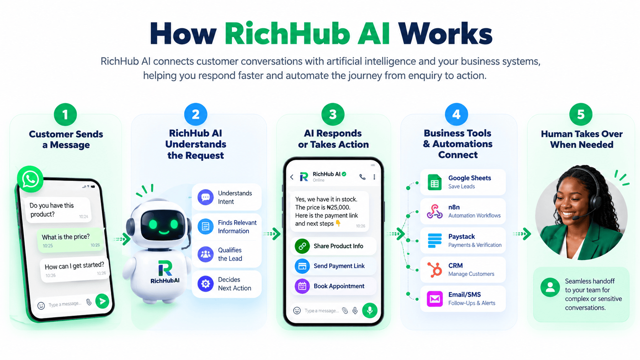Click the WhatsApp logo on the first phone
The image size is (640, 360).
pyautogui.click(x=30, y=179)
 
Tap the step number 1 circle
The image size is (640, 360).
pyautogui.click(x=65, y=114)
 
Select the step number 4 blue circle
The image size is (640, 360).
pyautogui.click(x=456, y=114)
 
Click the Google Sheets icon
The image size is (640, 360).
pyautogui.click(x=434, y=182)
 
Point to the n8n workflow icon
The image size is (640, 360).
pyautogui.click(x=434, y=212)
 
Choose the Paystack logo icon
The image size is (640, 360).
pyautogui.click(x=434, y=241)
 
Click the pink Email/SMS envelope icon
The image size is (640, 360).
pyautogui.click(x=434, y=299)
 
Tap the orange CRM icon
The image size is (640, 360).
pyautogui.click(x=434, y=270)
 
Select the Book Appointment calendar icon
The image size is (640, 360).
pyautogui.click(x=302, y=286)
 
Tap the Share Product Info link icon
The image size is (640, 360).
pyautogui.click(x=302, y=246)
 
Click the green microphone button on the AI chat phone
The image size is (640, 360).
pyautogui.click(x=370, y=310)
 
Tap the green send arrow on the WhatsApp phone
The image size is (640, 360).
pyautogui.click(x=102, y=301)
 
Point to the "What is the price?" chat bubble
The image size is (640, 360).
pyautogui.click(x=70, y=240)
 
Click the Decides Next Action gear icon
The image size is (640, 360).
pyautogui.click(x=206, y=284)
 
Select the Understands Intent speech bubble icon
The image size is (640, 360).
pyautogui.click(x=206, y=197)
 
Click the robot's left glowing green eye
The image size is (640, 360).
pyautogui.click(x=153, y=225)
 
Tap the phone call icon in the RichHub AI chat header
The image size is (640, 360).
pyautogui.click(x=362, y=177)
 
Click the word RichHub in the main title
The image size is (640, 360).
pyautogui.click(x=287, y=34)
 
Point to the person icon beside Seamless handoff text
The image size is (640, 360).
pyautogui.click(x=550, y=287)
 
